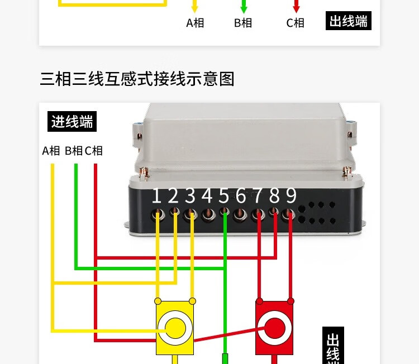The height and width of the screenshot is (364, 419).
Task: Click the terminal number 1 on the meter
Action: click(x=156, y=196)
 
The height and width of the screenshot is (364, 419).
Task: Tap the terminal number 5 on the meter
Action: click(x=224, y=196)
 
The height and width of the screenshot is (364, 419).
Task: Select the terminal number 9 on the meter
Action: click(x=291, y=196)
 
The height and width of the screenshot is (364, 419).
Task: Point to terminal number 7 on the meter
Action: click(x=258, y=196)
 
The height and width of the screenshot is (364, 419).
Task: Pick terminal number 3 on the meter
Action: click(x=191, y=196)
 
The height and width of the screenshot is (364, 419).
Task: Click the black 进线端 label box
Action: click(x=72, y=122)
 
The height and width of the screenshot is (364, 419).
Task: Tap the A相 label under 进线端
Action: click(x=51, y=151)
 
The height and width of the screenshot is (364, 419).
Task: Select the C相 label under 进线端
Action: click(x=94, y=151)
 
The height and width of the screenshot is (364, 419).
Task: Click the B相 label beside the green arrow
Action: click(x=243, y=23)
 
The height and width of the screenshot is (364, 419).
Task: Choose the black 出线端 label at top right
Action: click(x=349, y=21)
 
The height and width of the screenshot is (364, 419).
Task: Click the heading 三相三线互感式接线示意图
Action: click(x=137, y=79)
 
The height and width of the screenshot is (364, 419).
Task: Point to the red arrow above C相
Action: click(x=296, y=7)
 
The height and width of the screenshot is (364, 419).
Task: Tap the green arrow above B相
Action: click(x=243, y=7)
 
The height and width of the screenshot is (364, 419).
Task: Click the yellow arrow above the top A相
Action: click(x=195, y=7)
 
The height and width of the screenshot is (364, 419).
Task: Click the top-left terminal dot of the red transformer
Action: click(x=259, y=301)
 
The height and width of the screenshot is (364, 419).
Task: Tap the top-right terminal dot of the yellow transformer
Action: click(x=193, y=301)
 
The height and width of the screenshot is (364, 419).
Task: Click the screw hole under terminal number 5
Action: click(x=224, y=212)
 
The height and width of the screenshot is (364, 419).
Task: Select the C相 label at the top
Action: click(x=295, y=23)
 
